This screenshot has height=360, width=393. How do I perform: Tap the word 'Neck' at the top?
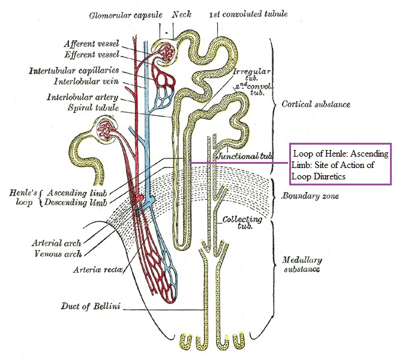point(181,14)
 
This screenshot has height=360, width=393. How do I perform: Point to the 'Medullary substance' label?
point(302,265)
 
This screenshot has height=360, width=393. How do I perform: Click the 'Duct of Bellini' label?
point(90,307)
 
